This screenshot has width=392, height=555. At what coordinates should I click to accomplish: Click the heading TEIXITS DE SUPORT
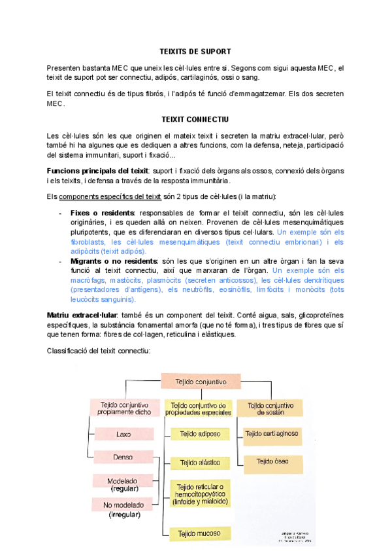click(195, 51)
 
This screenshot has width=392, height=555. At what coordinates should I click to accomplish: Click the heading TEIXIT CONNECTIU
click(195, 119)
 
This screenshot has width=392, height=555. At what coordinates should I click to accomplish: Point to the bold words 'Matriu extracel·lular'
click(82, 315)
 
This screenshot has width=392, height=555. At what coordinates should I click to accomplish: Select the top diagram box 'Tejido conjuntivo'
click(201, 382)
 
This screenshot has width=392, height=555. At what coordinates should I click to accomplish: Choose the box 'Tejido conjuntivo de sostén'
click(270, 408)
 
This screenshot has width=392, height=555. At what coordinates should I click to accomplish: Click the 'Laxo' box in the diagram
click(123, 434)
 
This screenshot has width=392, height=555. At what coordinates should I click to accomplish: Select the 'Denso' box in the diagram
click(123, 456)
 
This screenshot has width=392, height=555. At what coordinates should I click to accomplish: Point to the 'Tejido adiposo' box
click(200, 434)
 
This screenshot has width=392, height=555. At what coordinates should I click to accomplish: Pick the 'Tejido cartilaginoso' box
click(272, 433)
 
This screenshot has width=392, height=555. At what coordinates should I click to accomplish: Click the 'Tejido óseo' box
click(272, 461)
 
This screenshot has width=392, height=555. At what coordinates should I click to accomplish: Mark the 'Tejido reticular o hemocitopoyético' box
click(200, 494)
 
